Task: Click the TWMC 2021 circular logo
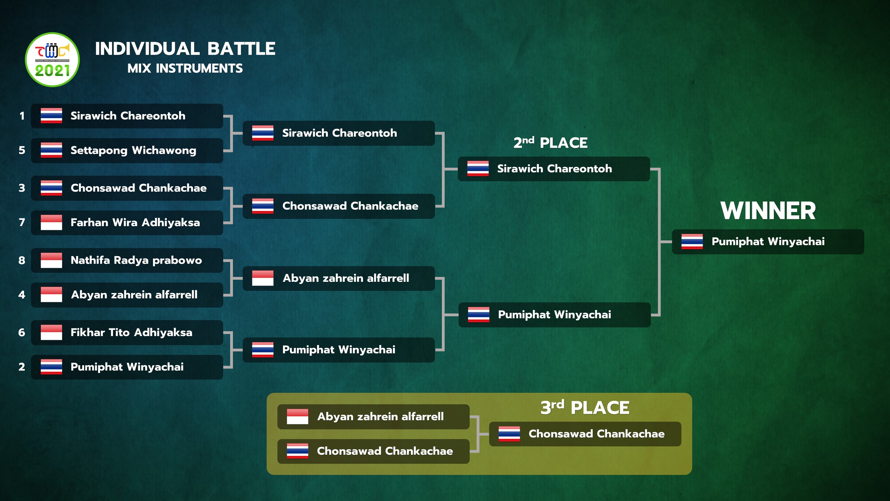point(52,59)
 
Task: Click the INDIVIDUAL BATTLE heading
point(185,49)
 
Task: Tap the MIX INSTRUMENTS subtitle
point(185,69)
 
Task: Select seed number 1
point(22,116)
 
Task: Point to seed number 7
point(22,222)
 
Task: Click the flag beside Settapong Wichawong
point(51,150)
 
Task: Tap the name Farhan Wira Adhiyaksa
point(135,222)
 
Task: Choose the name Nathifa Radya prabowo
point(136,260)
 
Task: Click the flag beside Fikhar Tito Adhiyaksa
point(51,332)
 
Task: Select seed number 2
point(22,367)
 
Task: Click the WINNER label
point(768,211)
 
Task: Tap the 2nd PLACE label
point(550,143)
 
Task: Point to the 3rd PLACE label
point(585,407)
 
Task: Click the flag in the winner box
point(692,241)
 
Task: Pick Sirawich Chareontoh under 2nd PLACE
point(555,169)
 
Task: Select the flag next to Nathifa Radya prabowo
point(51,260)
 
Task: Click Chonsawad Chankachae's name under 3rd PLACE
point(597,434)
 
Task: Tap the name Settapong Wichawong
point(133,151)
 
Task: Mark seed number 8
point(22,260)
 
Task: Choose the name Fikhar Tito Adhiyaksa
point(131,332)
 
